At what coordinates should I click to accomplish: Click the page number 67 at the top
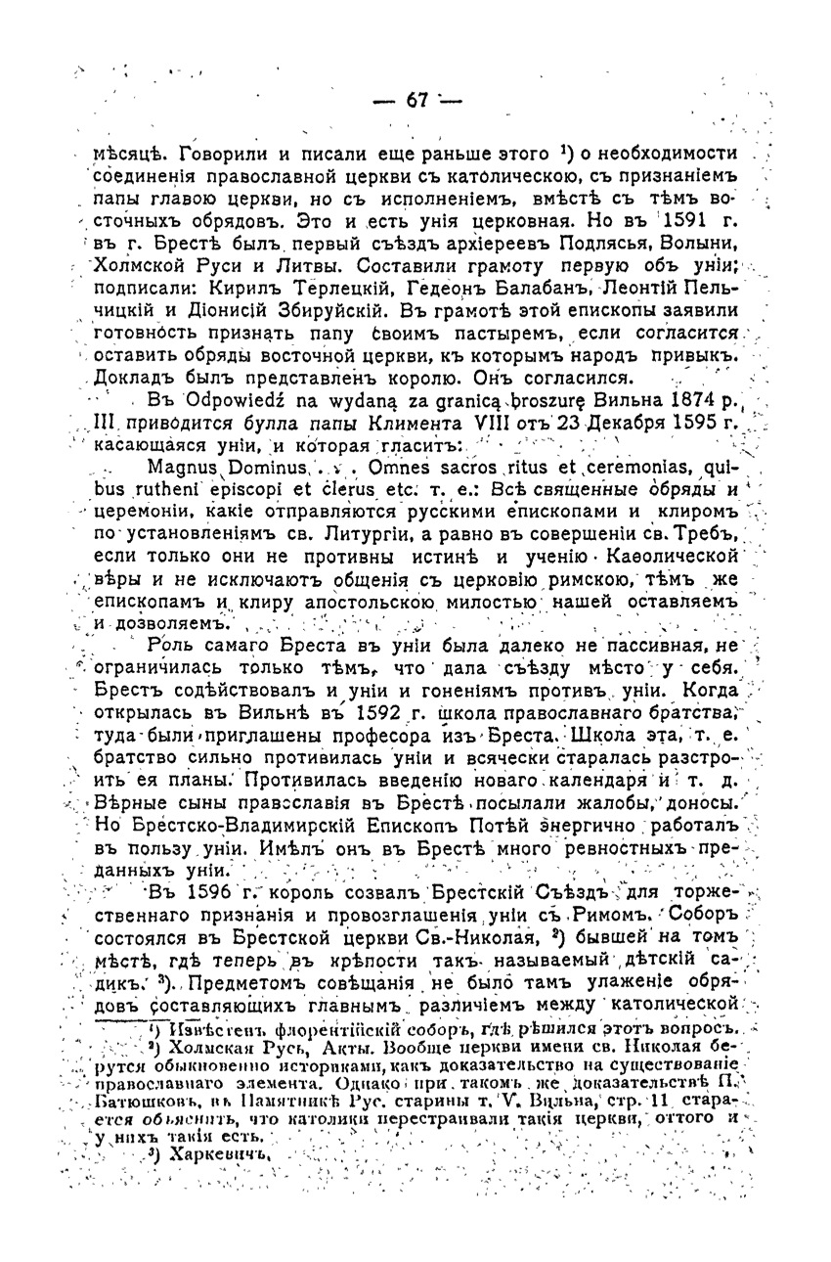click(x=417, y=101)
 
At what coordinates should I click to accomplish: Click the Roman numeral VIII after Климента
click(x=479, y=423)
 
